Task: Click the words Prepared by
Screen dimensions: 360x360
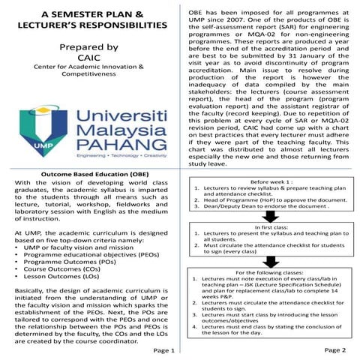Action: (x=89, y=47)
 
